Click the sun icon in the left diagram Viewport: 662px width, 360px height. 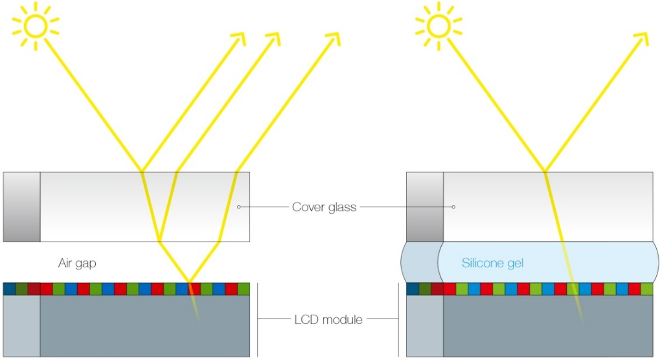point(36,26)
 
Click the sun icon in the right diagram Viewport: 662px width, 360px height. point(439,26)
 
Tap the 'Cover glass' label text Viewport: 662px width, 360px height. point(325,207)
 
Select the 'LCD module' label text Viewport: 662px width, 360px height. point(328,319)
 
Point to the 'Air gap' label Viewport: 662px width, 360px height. point(77,264)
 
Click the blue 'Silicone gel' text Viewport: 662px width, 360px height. point(493,264)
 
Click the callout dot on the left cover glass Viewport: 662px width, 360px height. point(239,207)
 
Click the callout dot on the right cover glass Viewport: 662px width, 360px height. point(453,207)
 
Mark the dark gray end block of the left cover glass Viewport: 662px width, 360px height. point(21,207)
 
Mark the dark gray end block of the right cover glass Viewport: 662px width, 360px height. point(425,207)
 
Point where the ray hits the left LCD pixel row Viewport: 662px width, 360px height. point(189,282)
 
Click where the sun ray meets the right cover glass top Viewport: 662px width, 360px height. point(545,172)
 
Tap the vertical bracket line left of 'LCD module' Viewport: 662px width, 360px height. point(258,319)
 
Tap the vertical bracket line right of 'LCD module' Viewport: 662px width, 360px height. point(398,319)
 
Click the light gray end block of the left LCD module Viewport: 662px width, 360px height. point(21,326)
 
